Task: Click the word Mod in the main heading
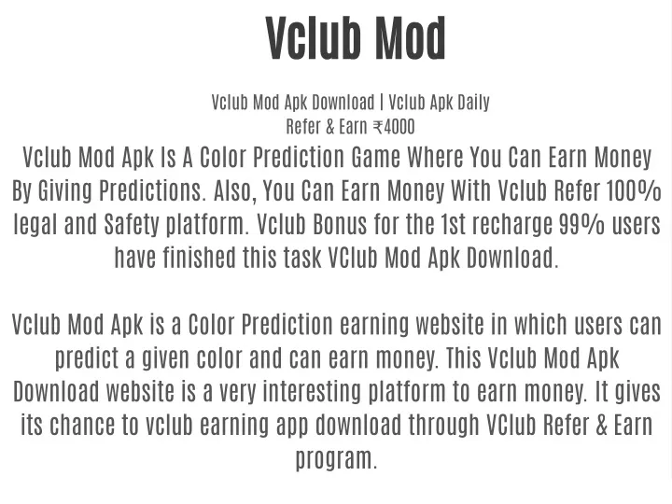(411, 37)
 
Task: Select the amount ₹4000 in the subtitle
(394, 127)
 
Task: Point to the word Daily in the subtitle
(473, 103)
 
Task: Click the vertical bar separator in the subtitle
(382, 103)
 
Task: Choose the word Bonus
(340, 224)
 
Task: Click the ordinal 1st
(453, 224)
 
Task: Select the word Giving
(64, 192)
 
